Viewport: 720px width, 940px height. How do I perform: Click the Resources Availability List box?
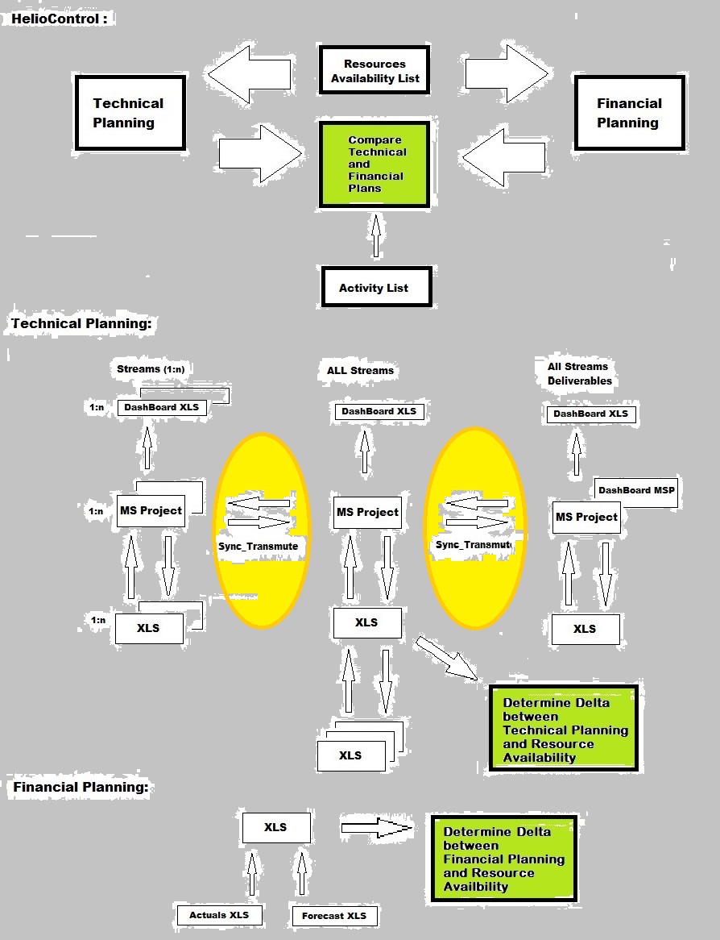pyautogui.click(x=374, y=71)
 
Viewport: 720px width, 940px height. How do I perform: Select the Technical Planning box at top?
pyautogui.click(x=129, y=113)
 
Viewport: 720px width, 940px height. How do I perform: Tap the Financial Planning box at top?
pyautogui.click(x=628, y=113)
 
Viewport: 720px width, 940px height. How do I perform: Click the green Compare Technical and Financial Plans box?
pyautogui.click(x=374, y=164)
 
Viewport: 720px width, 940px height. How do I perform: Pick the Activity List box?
pyautogui.click(x=374, y=287)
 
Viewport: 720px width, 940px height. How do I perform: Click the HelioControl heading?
pyautogui.click(x=59, y=18)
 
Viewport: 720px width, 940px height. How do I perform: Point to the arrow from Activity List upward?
pyautogui.click(x=374, y=235)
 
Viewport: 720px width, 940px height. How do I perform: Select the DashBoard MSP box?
pyautogui.click(x=637, y=490)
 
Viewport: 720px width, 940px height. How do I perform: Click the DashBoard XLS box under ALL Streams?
pyautogui.click(x=379, y=411)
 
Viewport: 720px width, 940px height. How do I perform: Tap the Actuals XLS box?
pyautogui.click(x=219, y=915)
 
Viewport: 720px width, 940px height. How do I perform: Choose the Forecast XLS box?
pyautogui.click(x=333, y=916)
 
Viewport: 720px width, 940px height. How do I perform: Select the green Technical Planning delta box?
pyautogui.click(x=564, y=729)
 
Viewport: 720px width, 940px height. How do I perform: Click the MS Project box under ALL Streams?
pyautogui.click(x=367, y=512)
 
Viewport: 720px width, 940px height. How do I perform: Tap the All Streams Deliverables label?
pyautogui.click(x=579, y=373)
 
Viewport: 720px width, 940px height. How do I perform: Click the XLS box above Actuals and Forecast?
pyautogui.click(x=275, y=827)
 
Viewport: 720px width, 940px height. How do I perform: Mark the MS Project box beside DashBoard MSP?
pyautogui.click(x=586, y=517)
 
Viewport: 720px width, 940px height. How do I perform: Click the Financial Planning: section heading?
pyautogui.click(x=81, y=787)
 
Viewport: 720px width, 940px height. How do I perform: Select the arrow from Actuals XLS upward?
pyautogui.click(x=251, y=875)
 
